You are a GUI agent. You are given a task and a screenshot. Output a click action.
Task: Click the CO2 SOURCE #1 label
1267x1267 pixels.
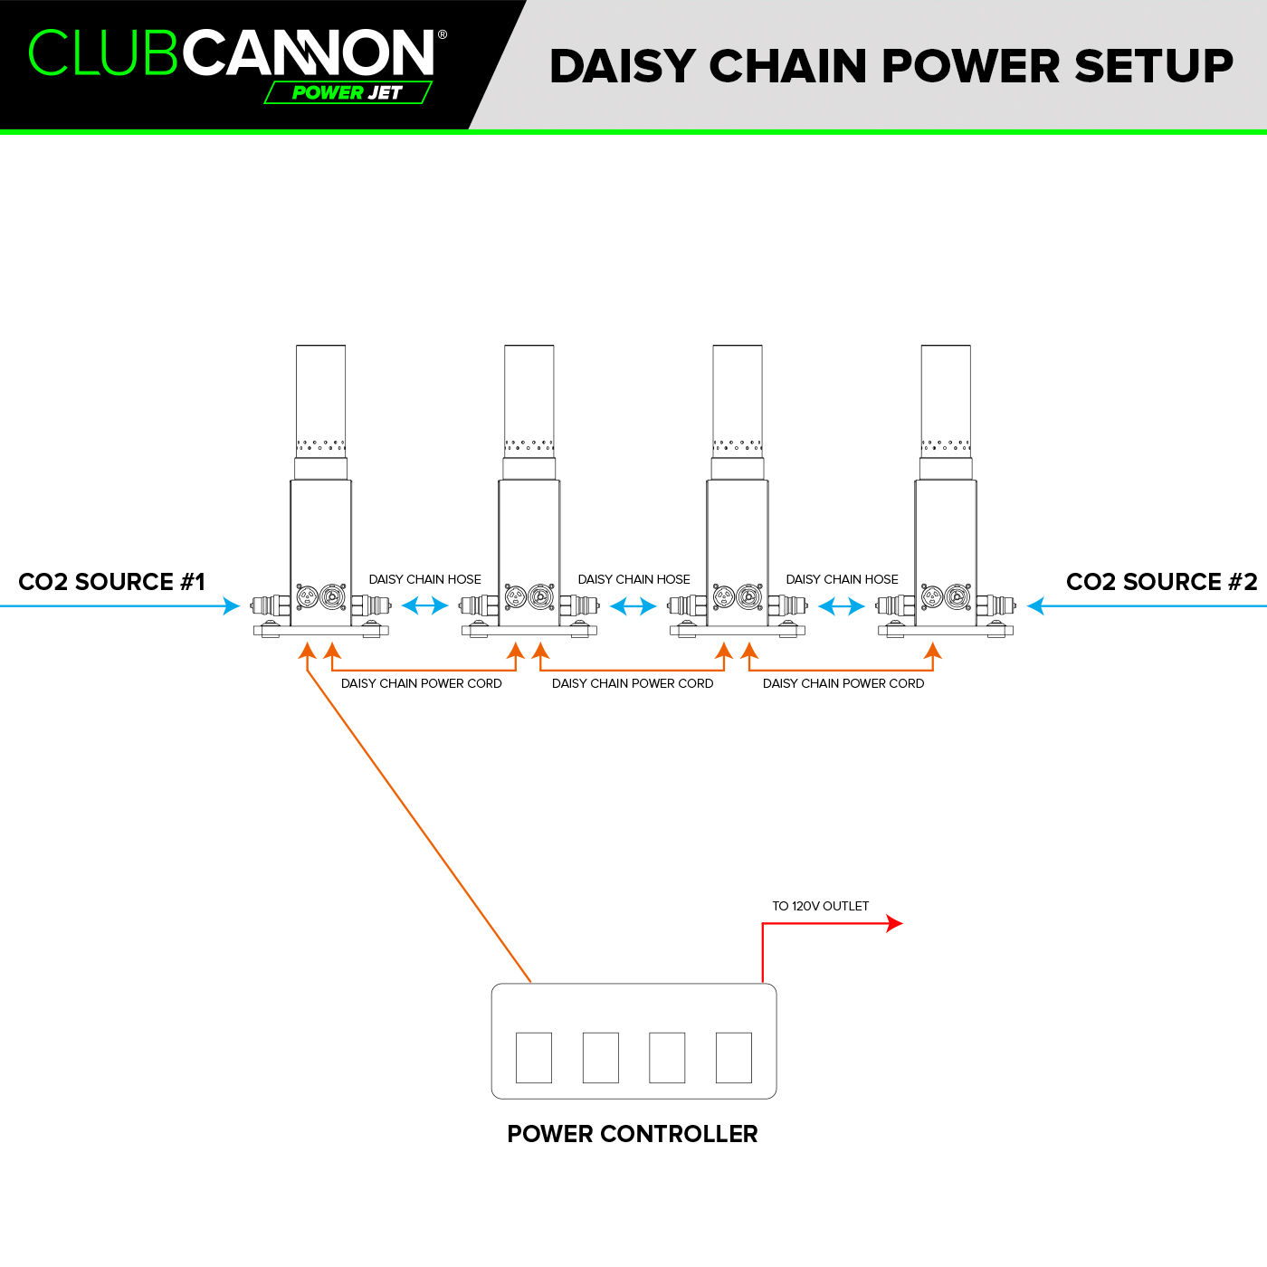tap(112, 582)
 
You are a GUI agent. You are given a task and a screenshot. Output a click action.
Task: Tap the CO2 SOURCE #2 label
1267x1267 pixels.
tap(1161, 582)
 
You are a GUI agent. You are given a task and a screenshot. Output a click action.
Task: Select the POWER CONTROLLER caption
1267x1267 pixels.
tap(633, 1134)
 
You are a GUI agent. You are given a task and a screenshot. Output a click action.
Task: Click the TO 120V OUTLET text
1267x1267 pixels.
tap(821, 906)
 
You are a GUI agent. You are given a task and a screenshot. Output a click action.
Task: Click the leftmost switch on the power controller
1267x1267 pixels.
tap(534, 1058)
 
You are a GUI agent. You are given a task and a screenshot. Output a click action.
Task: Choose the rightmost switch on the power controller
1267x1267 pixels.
tap(734, 1058)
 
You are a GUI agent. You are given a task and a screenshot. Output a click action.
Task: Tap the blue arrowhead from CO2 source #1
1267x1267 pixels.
tap(232, 605)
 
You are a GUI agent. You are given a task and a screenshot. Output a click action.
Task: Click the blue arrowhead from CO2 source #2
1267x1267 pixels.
tap(1035, 605)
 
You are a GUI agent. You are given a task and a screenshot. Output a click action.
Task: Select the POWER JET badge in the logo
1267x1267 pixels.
tap(348, 92)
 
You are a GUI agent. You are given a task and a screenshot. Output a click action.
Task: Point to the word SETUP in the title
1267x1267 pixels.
tap(1154, 66)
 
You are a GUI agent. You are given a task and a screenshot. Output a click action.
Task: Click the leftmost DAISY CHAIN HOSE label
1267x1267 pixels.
tap(424, 579)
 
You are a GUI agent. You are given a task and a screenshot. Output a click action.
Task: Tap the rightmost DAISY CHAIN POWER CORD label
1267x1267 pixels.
tap(843, 684)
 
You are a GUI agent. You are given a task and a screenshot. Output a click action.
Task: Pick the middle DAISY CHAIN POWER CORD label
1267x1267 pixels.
tap(633, 684)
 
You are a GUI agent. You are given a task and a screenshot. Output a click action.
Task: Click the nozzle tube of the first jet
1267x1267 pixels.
tap(321, 401)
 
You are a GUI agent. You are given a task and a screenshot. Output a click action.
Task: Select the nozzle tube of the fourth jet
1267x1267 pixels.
tap(946, 401)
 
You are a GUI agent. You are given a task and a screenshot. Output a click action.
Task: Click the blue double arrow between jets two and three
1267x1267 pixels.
tap(633, 606)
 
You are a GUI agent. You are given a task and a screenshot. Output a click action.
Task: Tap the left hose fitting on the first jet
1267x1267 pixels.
tap(271, 605)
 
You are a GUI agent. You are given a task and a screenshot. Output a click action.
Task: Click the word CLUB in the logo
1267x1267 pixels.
tap(102, 52)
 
